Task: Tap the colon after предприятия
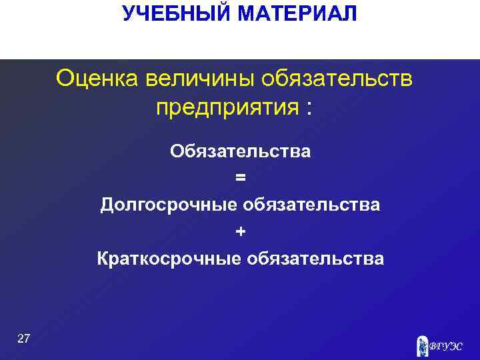[307, 108]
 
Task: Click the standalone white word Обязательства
[240, 151]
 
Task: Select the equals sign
[240, 178]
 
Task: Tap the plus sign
[240, 231]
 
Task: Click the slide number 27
[23, 339]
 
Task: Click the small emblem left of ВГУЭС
[421, 345]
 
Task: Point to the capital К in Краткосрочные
[103, 258]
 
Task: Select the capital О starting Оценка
[65, 79]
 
